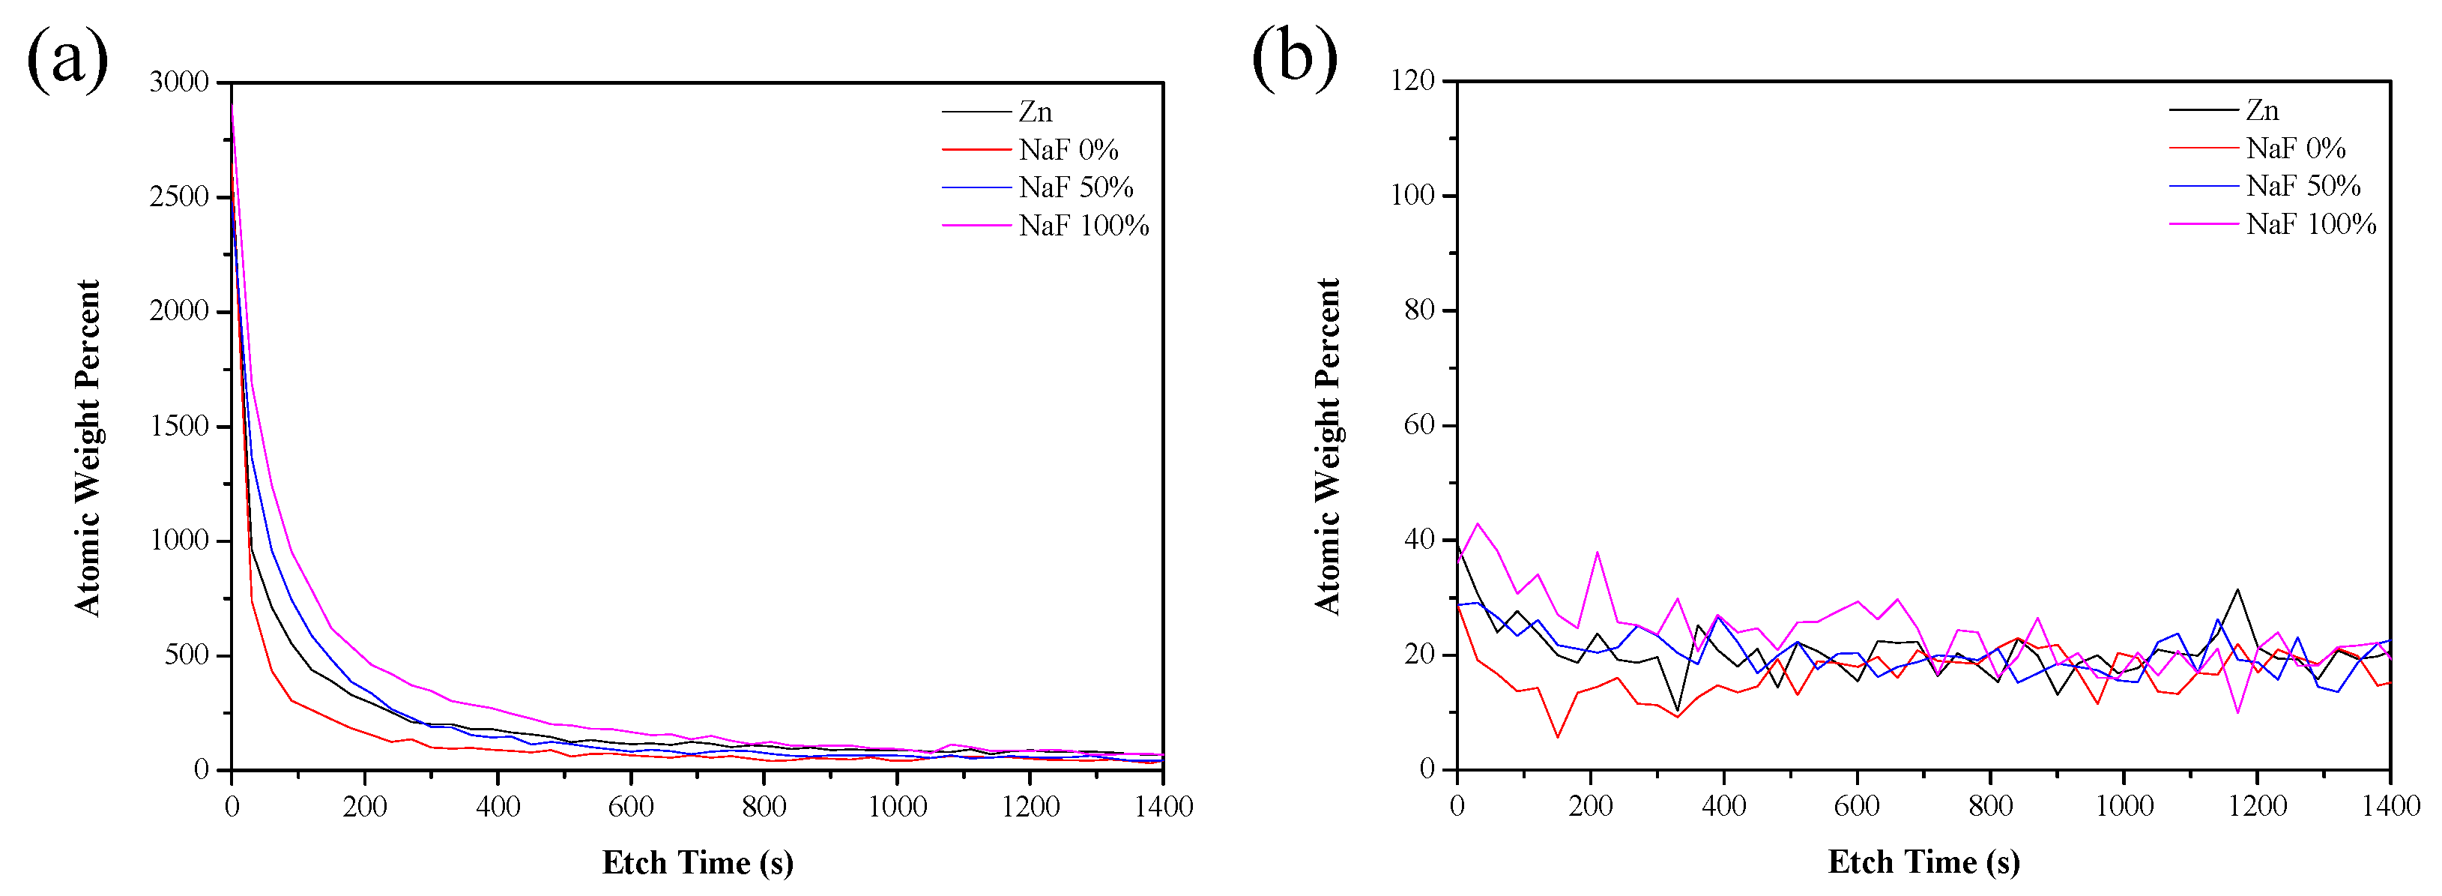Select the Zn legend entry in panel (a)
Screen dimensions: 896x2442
[x=1036, y=112]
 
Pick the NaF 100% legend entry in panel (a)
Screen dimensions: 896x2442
[x=1084, y=226]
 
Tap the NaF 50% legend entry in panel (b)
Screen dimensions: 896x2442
[x=2303, y=186]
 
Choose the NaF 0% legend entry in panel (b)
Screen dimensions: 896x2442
[x=2295, y=148]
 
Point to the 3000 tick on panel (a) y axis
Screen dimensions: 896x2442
[x=178, y=82]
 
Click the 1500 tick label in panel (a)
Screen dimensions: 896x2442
[x=178, y=426]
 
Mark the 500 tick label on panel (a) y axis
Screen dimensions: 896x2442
[x=186, y=655]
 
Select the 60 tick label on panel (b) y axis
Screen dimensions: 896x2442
[x=1419, y=425]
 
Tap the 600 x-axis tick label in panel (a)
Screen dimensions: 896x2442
[x=632, y=807]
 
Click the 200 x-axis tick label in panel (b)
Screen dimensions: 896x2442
[x=1590, y=806]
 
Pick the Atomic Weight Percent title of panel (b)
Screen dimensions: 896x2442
[x=1327, y=445]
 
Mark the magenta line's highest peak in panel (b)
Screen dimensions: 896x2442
[x=1477, y=523]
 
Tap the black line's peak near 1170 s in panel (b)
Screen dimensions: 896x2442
[x=2237, y=590]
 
